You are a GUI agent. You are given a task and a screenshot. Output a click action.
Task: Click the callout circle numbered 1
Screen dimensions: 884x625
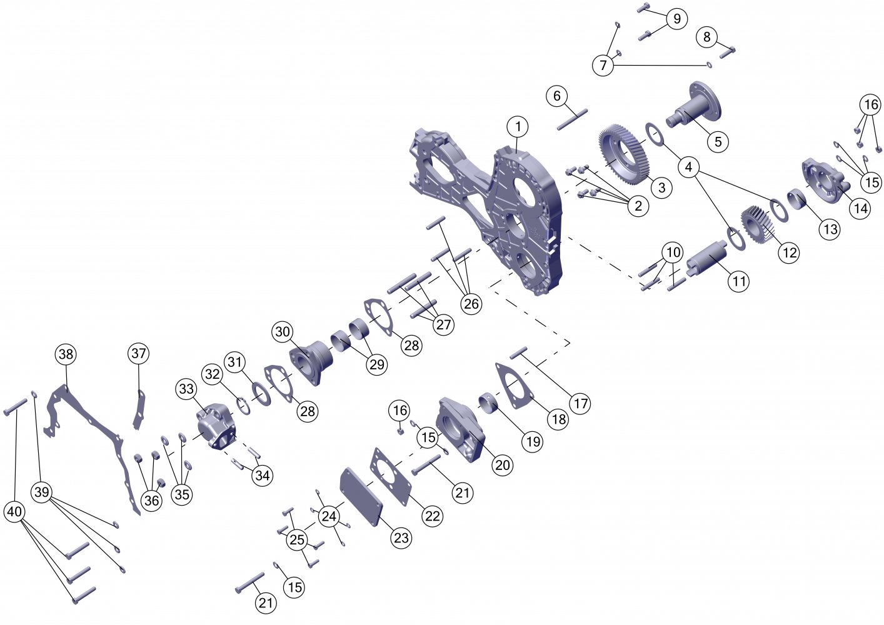click(518, 127)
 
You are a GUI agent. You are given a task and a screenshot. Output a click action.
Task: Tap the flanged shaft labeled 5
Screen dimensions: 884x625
click(694, 104)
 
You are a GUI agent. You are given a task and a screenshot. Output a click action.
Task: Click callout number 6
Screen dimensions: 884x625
click(557, 96)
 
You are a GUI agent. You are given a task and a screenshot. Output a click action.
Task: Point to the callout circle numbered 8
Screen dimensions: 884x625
click(706, 37)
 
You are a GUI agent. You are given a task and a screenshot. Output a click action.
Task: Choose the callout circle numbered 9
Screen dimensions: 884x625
click(676, 19)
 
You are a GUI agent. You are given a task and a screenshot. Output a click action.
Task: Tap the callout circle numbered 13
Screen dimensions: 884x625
click(830, 229)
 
